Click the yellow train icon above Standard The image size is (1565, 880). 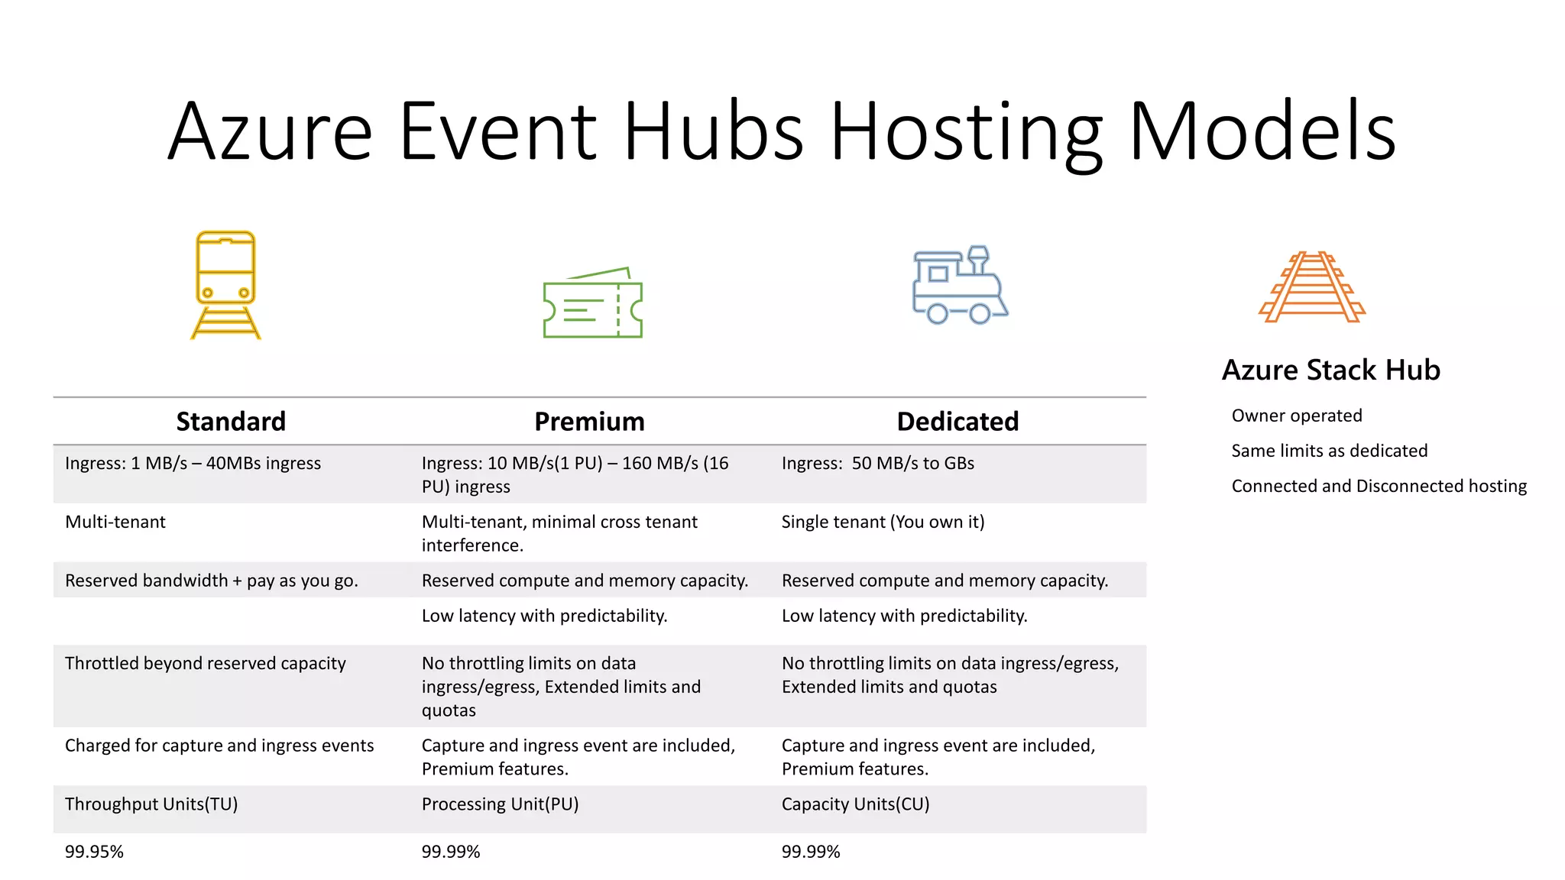225,284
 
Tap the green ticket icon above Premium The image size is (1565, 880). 593,304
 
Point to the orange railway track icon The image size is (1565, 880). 1312,287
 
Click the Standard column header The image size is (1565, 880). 231,422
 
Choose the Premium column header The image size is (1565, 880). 589,422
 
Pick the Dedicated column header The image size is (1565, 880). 957,422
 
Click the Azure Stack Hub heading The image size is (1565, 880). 1330,370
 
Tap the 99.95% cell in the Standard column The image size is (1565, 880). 94,852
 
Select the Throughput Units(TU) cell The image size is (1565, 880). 151,804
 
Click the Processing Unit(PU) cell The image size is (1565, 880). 500,804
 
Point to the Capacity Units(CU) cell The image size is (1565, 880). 855,804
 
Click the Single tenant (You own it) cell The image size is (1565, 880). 883,522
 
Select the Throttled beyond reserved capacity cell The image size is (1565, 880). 206,664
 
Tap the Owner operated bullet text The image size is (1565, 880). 1297,416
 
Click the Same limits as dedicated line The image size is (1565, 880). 1329,451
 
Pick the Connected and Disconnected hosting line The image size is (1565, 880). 1379,487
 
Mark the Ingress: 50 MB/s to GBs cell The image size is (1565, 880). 877,464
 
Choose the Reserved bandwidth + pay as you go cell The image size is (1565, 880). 211,581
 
